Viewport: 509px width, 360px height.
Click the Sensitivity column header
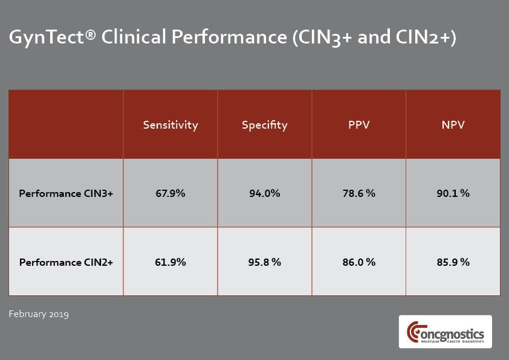(170, 125)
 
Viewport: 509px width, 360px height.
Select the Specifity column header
(264, 125)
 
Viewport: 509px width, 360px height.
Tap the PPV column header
(358, 125)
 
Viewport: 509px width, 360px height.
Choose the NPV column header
(453, 125)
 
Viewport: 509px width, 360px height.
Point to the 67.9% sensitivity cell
(170, 194)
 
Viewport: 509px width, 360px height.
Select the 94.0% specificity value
(264, 194)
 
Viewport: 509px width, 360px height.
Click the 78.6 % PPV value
(358, 194)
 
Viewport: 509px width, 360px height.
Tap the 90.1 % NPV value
(453, 194)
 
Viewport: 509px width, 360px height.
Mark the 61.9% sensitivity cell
(170, 262)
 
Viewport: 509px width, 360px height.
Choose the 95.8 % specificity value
(264, 262)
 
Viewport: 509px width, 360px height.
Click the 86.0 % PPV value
(358, 262)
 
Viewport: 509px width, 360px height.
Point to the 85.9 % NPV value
(453, 262)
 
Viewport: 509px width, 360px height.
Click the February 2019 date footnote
(39, 314)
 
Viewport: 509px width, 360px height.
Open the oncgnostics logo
(445, 332)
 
